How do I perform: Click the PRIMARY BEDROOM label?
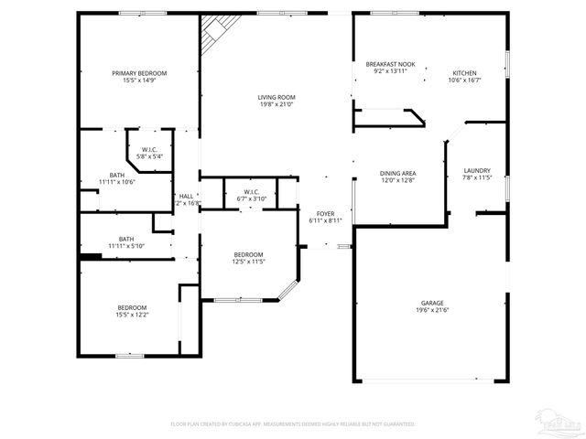point(139,73)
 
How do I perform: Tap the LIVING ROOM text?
point(276,97)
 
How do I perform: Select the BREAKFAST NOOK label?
point(390,64)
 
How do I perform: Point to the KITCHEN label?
point(464,73)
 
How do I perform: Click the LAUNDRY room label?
point(477,170)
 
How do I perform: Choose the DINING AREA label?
point(398,173)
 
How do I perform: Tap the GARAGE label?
point(432,303)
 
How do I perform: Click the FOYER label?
point(325,213)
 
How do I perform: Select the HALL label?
point(186,196)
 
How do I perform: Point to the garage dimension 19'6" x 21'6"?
point(432,311)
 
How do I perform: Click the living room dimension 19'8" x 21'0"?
point(276,104)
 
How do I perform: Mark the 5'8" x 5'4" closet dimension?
point(149,156)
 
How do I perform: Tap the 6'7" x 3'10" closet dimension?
point(251,198)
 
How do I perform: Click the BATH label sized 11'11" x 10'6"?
point(117,175)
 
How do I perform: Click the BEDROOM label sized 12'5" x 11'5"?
point(248,254)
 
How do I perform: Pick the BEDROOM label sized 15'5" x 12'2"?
point(132,307)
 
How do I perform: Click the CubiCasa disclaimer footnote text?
point(293,424)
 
